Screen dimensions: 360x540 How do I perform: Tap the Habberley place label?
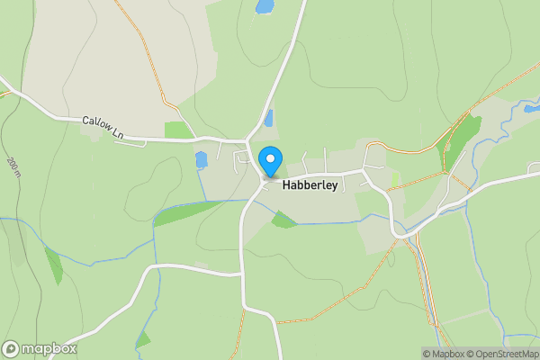[x=310, y=185]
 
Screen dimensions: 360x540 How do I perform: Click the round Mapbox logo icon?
[x=11, y=348]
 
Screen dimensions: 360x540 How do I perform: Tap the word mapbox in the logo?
[x=49, y=348]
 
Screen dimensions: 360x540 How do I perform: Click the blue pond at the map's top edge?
[x=265, y=6]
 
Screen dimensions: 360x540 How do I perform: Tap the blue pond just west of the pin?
[x=202, y=160]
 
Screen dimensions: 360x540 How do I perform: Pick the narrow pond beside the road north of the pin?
[x=268, y=118]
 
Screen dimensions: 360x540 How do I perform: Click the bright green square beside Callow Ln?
[x=178, y=130]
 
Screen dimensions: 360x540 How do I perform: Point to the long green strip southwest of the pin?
[x=187, y=212]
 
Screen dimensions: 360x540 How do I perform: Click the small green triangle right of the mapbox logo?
[x=142, y=340]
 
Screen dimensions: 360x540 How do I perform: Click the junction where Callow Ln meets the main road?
[x=249, y=141]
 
